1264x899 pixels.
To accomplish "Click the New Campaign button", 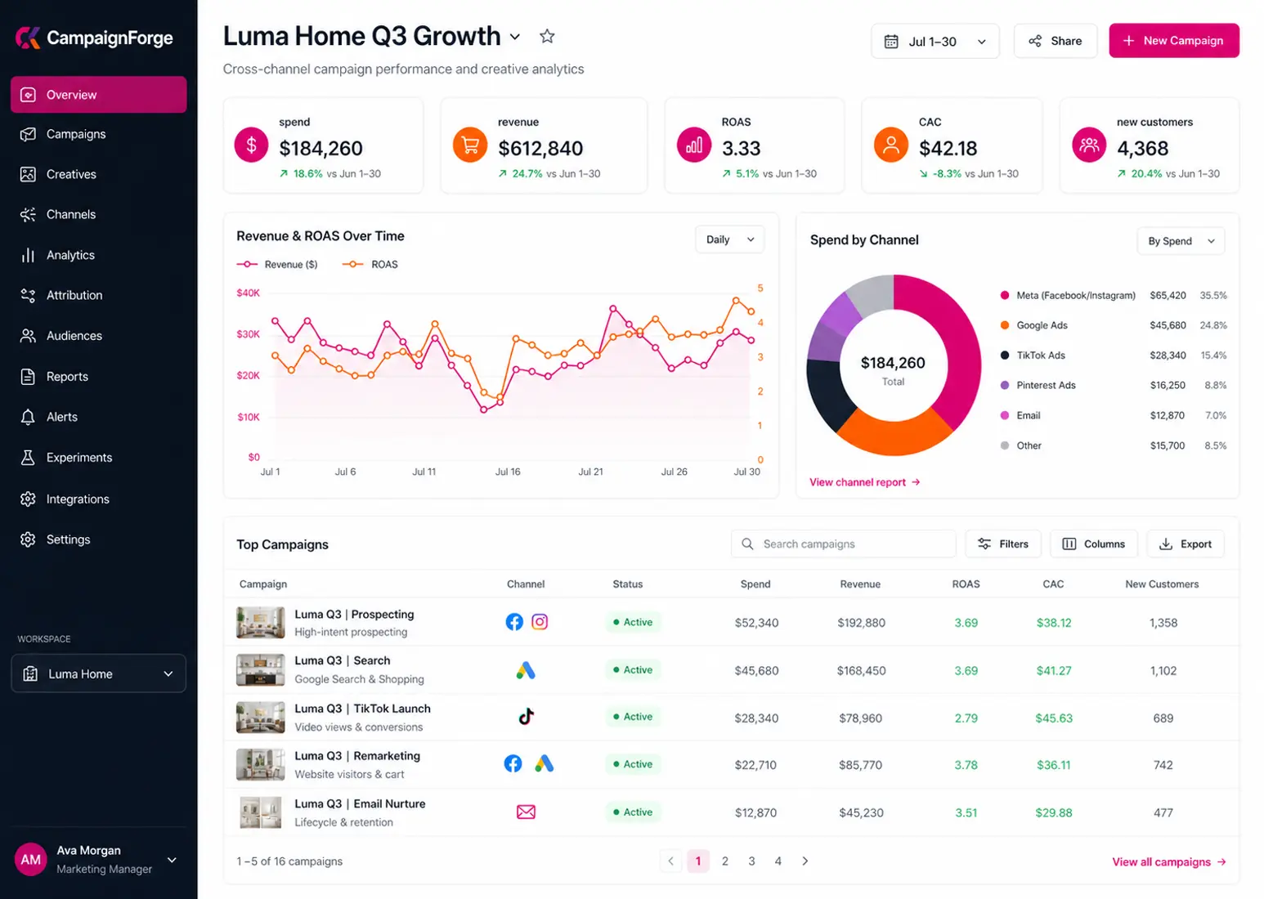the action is pos(1174,41).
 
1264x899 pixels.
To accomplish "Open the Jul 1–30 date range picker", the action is pos(935,41).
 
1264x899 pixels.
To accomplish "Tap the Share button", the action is pos(1056,41).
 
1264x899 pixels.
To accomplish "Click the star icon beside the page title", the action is pos(547,37).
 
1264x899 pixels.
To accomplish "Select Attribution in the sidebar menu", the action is pos(74,295).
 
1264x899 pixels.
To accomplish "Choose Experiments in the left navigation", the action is pos(79,458).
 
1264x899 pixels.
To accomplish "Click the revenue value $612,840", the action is pos(540,148).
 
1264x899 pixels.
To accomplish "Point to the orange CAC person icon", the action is pos(890,145).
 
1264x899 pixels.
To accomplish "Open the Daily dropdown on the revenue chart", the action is pos(729,239).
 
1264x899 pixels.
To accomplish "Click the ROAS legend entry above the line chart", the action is pos(370,265).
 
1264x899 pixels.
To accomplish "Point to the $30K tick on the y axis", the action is pos(249,334).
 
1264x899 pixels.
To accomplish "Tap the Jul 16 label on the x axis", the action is pos(507,472).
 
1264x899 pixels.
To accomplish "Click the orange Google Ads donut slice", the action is pos(894,432).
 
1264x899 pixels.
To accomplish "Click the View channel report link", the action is pos(864,482).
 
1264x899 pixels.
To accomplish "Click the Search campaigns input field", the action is pos(844,543).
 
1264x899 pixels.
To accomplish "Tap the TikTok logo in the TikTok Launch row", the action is pos(526,717).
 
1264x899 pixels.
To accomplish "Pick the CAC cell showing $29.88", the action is pos(1054,812).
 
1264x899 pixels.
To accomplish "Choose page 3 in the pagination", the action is pos(751,861).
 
